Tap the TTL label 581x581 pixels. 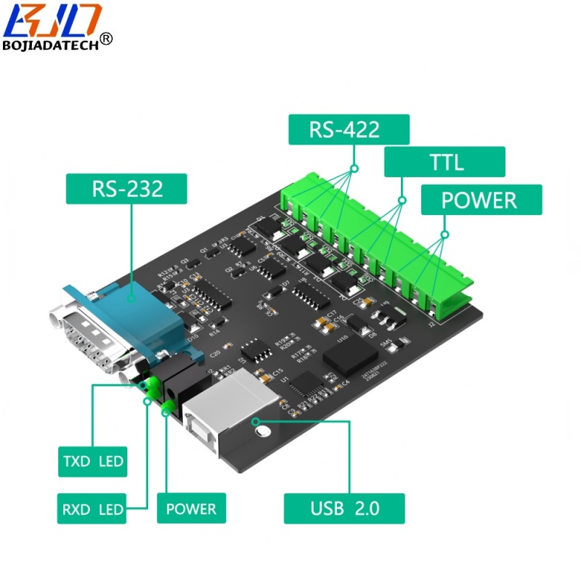(444, 162)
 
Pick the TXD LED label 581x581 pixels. (92, 461)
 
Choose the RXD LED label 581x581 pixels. (91, 508)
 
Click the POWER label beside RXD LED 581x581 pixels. (191, 508)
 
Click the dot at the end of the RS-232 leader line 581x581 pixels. (131, 297)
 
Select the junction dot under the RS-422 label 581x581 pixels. (355, 168)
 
